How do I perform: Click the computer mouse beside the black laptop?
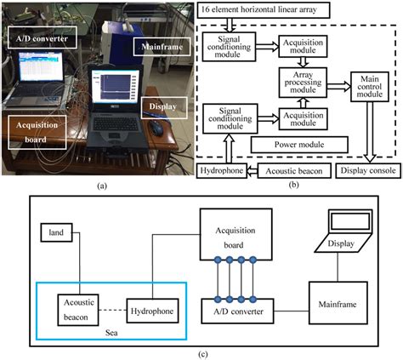158,128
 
